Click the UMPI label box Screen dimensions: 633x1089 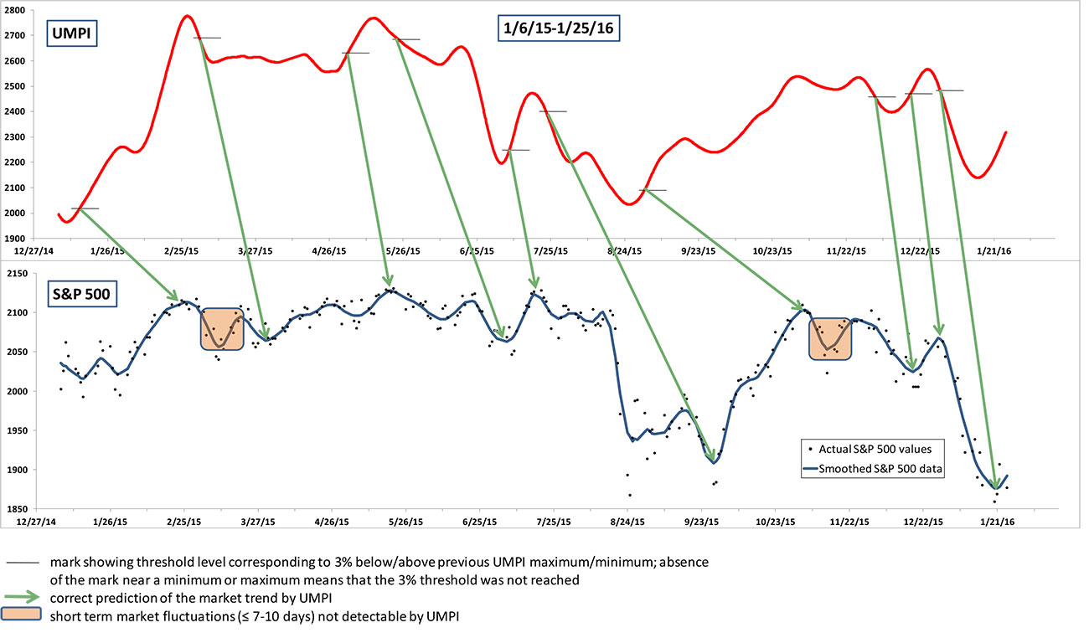pos(62,36)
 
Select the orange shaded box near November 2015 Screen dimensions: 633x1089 pos(829,338)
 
